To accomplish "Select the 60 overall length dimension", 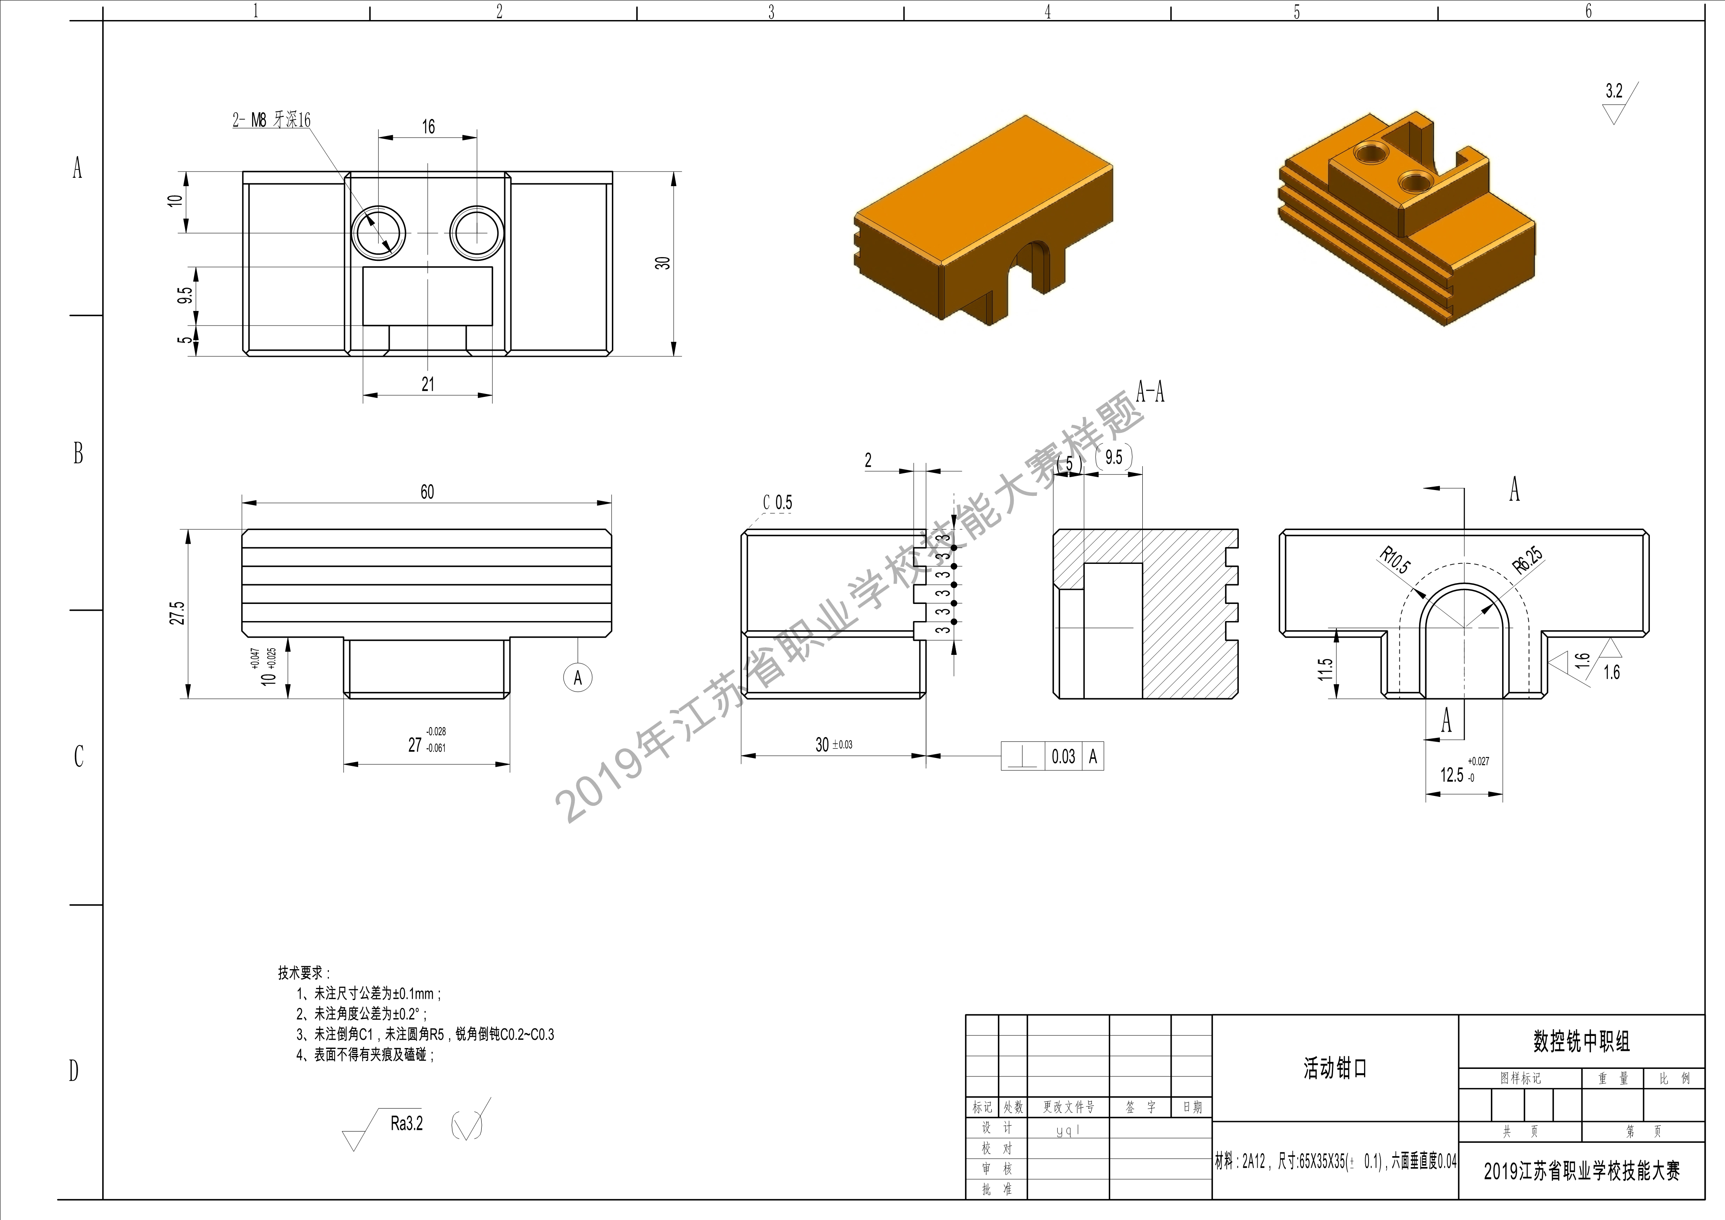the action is coord(427,492).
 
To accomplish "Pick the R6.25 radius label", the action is coord(1528,561).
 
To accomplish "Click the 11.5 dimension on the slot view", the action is coord(1325,669).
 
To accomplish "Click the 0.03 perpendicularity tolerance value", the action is coord(1063,756).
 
